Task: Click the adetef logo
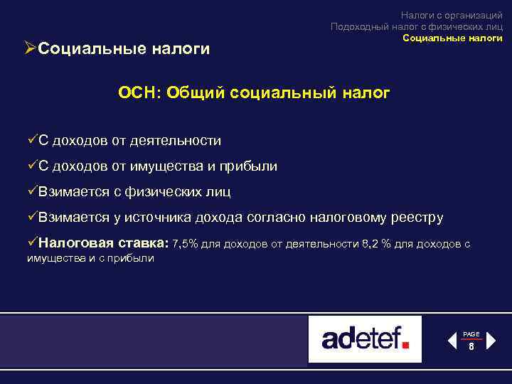pyautogui.click(x=365, y=339)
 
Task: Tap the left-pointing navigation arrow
pyautogui.click(x=452, y=341)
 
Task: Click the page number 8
pyautogui.click(x=471, y=347)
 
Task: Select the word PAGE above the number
pyautogui.click(x=471, y=334)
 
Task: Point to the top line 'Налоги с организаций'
pyautogui.click(x=451, y=15)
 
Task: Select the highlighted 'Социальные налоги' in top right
pyautogui.click(x=452, y=38)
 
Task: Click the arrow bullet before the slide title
pyautogui.click(x=30, y=48)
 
